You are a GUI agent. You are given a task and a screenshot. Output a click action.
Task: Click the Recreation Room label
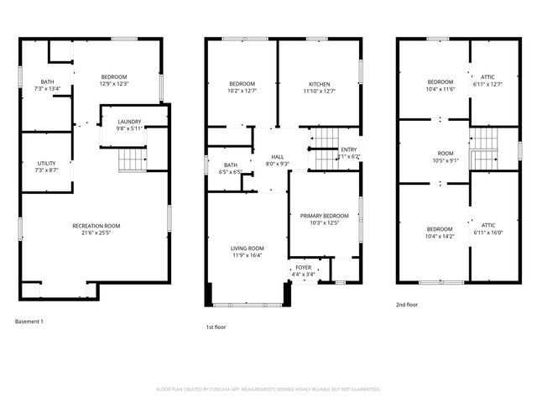pos(96,226)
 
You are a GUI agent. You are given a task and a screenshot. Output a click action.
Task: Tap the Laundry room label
pos(128,122)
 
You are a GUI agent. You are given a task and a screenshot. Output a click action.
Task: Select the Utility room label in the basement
pos(46,163)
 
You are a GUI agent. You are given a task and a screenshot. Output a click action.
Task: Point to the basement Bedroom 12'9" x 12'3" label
pos(113,79)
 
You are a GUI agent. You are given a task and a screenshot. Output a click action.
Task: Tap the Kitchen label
pos(319,84)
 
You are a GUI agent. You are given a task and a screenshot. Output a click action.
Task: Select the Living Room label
pos(248,249)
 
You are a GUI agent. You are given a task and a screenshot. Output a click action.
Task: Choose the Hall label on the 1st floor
pos(276,157)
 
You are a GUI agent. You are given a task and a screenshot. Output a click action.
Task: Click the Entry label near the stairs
pos(348,149)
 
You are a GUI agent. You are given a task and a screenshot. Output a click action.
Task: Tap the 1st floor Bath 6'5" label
pos(231,165)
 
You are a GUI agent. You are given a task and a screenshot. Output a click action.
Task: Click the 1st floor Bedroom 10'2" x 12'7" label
pos(242,84)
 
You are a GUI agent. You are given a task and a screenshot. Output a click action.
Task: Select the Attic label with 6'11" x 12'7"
pos(486,81)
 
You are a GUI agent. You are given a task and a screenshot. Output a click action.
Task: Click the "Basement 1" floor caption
pos(29,322)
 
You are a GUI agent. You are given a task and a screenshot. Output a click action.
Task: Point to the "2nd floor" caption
pos(406,305)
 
